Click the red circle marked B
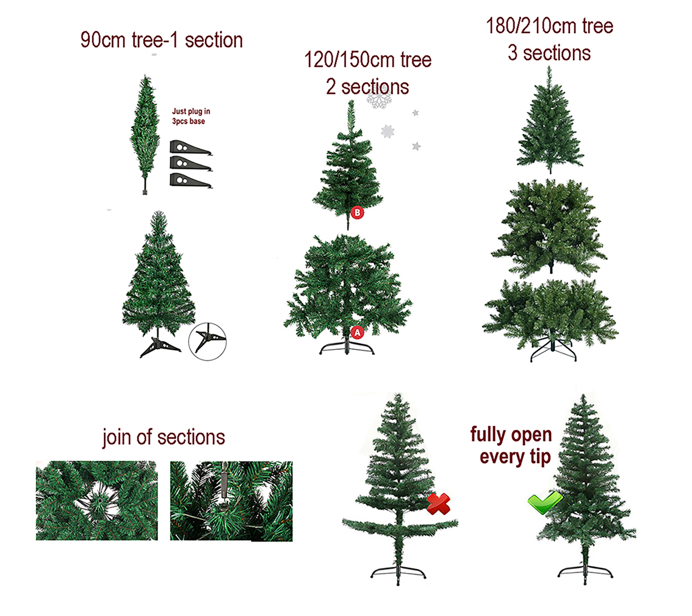coord(357,213)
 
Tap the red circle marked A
coord(357,333)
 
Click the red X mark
coord(438,504)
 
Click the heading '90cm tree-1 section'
coord(162,40)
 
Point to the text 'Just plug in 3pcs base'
coord(191,116)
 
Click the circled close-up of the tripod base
coord(207,342)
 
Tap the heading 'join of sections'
coord(164,437)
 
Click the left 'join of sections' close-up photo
coord(97,501)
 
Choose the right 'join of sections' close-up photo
coord(231,501)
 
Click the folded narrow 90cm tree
coord(145,135)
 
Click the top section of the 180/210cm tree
coord(549,124)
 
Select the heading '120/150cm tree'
coord(368,60)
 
